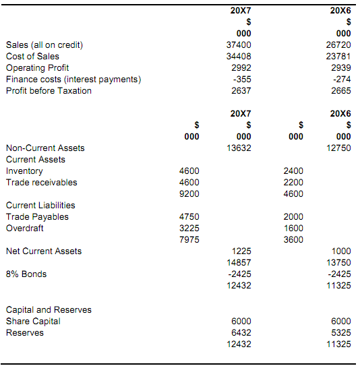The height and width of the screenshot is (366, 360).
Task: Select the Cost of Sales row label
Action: (x=32, y=56)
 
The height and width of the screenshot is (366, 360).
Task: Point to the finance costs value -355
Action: (x=241, y=79)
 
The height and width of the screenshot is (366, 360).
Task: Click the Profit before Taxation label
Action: (x=49, y=90)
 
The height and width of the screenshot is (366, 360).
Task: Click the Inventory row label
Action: (x=24, y=171)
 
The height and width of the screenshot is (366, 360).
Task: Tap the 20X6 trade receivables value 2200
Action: (x=293, y=182)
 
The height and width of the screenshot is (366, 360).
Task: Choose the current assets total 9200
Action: (x=189, y=193)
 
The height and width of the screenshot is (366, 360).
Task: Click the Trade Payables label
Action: (x=37, y=216)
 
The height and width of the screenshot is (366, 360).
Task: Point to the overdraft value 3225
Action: (x=189, y=228)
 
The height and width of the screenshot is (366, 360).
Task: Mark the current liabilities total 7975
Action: (x=189, y=239)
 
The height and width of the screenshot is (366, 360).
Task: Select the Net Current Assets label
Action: (x=44, y=251)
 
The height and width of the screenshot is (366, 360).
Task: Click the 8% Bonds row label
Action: (x=27, y=274)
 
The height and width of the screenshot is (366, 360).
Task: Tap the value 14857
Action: (x=240, y=262)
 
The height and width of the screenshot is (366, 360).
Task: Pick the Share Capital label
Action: (x=33, y=321)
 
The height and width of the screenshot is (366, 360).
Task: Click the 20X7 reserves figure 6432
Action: (x=241, y=332)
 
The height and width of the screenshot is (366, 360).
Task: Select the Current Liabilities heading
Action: (x=40, y=205)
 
